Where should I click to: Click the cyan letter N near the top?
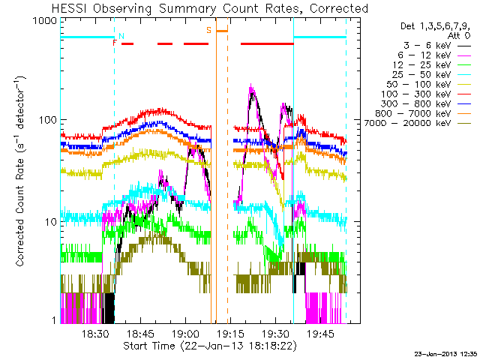121,36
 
